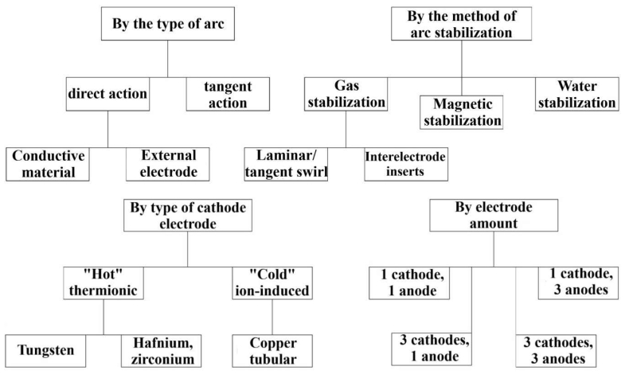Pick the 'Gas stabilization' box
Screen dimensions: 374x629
[x=345, y=94]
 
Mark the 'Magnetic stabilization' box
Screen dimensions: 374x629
[x=462, y=112]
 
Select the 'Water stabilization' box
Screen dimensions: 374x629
[x=576, y=94]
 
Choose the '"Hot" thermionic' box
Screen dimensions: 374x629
[x=104, y=282]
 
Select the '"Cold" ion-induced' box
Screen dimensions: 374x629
[x=272, y=282]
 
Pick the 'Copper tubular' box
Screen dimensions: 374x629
[x=272, y=350]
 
